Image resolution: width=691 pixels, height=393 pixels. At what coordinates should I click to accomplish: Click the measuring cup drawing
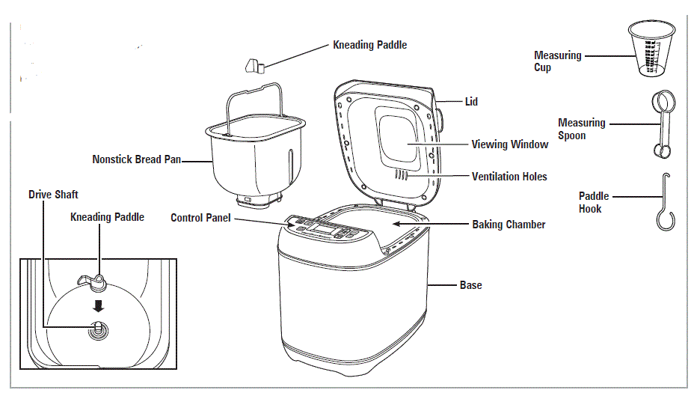pyautogui.click(x=648, y=49)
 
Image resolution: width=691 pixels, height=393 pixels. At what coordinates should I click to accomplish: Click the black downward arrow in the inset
pyautogui.click(x=98, y=305)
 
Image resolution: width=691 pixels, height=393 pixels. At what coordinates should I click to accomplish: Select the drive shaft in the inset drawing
pyautogui.click(x=98, y=327)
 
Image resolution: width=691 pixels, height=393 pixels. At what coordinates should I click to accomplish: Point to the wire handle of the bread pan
pyautogui.click(x=254, y=94)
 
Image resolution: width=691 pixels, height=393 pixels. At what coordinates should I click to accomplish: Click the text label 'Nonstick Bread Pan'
pyautogui.click(x=137, y=159)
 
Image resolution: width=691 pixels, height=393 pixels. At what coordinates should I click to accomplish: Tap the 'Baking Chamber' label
pyautogui.click(x=509, y=224)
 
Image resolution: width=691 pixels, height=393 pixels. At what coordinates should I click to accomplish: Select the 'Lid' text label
pyautogui.click(x=471, y=102)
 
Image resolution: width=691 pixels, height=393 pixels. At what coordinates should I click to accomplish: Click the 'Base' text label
pyautogui.click(x=471, y=285)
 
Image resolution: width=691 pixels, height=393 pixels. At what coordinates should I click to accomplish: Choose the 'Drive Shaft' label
pyautogui.click(x=53, y=195)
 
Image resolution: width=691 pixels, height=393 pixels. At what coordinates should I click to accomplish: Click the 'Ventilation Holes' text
pyautogui.click(x=509, y=177)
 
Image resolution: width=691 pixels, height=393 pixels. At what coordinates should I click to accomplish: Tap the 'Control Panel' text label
pyautogui.click(x=200, y=218)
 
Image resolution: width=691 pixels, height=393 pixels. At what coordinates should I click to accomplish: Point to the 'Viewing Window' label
pyautogui.click(x=509, y=144)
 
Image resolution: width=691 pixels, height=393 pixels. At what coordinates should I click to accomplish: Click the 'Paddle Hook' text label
pyautogui.click(x=594, y=202)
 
